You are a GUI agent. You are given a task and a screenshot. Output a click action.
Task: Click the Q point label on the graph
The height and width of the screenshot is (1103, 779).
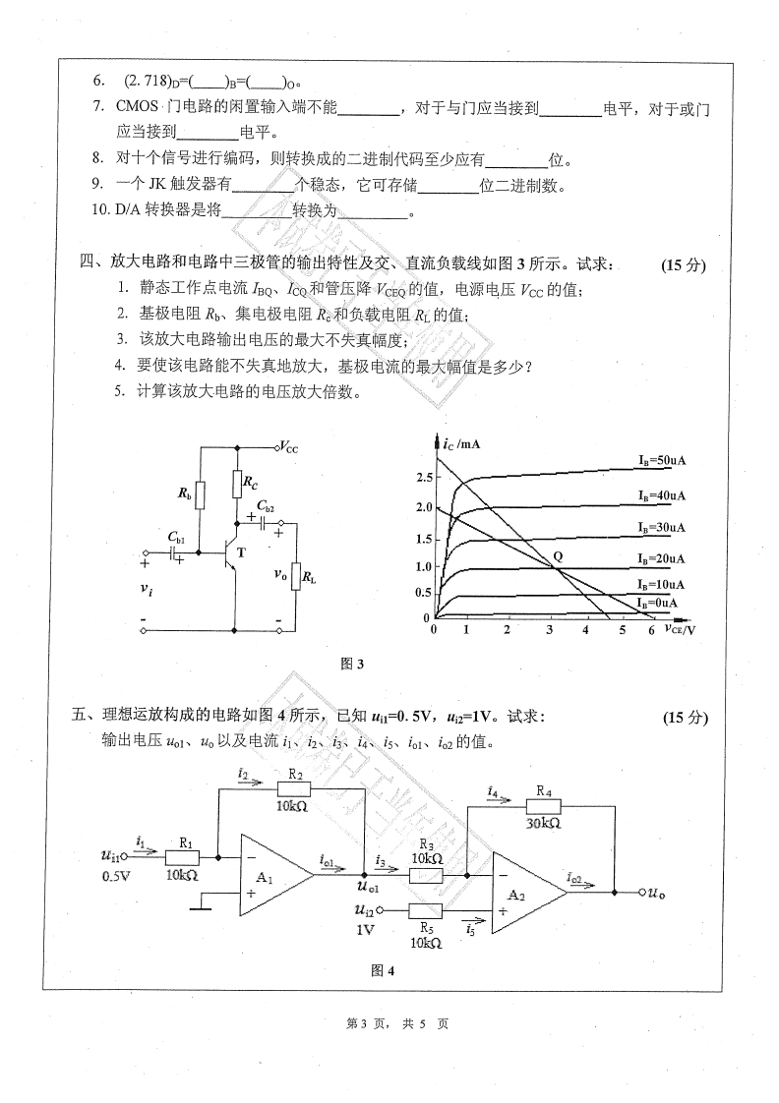[559, 555]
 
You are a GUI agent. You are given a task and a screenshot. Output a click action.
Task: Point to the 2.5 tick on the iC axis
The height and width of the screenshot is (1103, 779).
[424, 477]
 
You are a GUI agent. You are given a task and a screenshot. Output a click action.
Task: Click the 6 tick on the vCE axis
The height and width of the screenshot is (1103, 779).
[651, 631]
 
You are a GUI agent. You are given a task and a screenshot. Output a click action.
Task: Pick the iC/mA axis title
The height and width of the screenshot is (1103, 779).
[461, 444]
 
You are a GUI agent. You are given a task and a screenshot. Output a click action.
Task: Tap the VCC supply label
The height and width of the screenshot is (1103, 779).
[288, 445]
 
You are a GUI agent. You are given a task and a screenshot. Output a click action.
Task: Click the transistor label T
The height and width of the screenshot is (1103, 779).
[241, 552]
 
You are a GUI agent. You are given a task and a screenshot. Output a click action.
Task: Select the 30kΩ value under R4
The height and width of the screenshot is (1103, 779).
[544, 823]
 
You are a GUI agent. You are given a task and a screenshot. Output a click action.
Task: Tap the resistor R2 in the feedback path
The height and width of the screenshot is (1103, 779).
[290, 788]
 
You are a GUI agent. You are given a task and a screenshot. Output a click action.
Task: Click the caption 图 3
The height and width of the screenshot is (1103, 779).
[351, 665]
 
